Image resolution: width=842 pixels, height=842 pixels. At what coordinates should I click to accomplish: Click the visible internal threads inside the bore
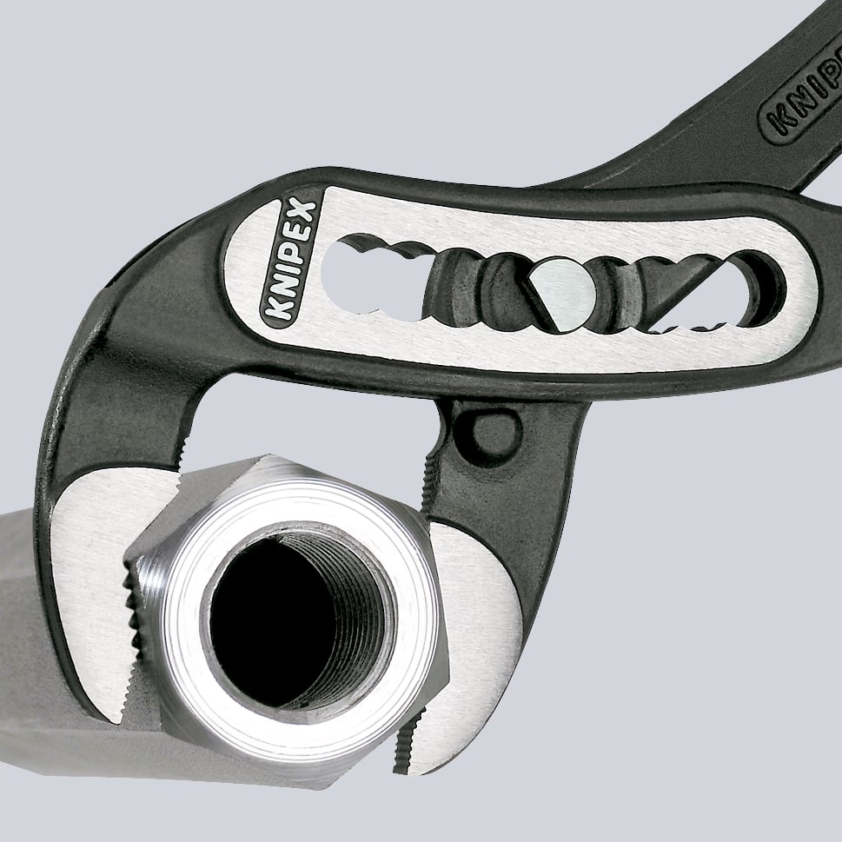(x=352, y=608)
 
